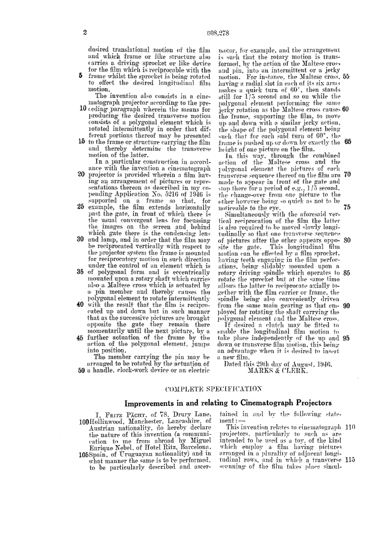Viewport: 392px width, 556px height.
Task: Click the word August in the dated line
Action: [293, 363]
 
